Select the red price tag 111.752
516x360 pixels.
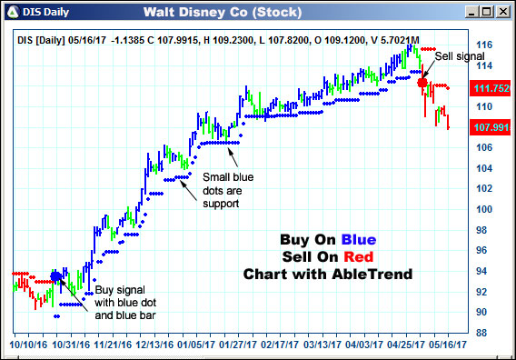(490, 88)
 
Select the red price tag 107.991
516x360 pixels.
(490, 127)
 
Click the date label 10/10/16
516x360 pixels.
(26, 346)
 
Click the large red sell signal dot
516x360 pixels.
(422, 83)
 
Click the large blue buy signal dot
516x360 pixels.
(56, 276)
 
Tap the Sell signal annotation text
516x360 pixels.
(459, 56)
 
